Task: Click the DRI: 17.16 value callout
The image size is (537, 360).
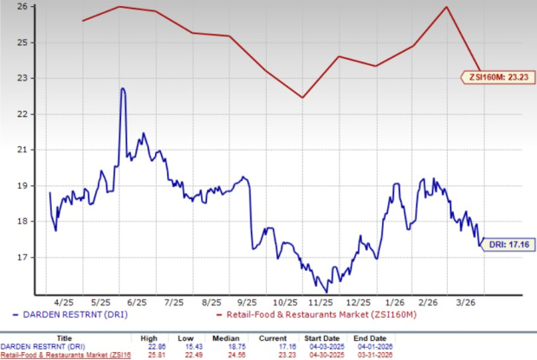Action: coord(503,244)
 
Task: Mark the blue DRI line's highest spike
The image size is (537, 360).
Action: coord(123,88)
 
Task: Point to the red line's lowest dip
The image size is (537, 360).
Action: coord(302,97)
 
